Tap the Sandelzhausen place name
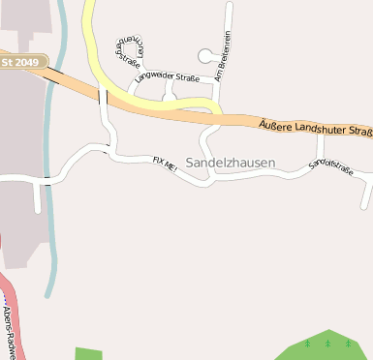point(231,163)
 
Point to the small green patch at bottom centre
point(88,353)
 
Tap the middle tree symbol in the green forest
point(327,343)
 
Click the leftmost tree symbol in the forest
point(308,343)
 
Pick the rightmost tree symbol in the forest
point(347,343)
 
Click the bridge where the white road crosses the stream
point(45,179)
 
